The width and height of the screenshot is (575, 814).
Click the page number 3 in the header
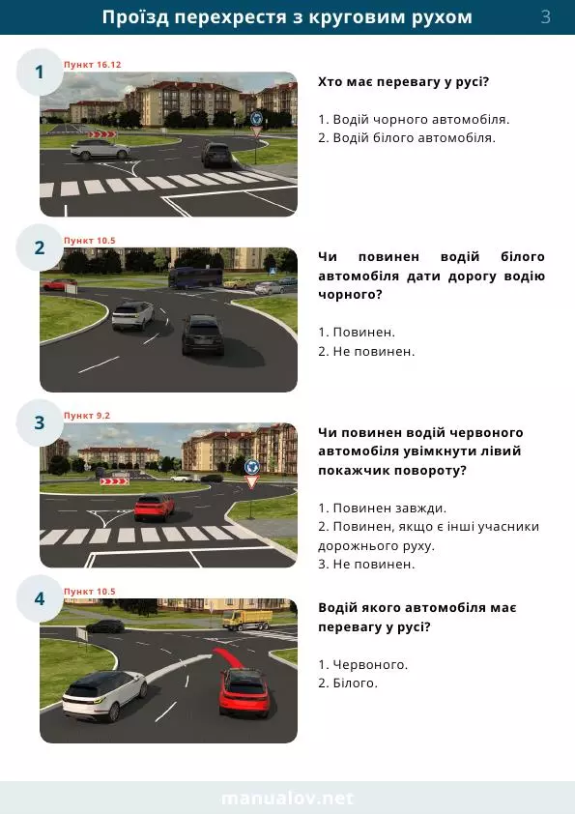point(545,16)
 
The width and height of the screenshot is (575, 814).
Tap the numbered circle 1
point(40,73)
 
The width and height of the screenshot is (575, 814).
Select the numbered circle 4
point(40,598)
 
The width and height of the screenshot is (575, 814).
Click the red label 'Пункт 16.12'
point(93,65)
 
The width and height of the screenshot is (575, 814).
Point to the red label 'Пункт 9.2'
point(87,416)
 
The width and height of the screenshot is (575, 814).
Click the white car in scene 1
point(101,149)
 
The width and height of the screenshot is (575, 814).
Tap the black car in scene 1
point(216,155)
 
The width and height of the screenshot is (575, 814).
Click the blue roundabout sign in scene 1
point(256,118)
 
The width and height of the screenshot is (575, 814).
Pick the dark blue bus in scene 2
point(195,277)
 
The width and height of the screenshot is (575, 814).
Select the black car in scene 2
point(204,334)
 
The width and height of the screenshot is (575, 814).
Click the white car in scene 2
point(132,315)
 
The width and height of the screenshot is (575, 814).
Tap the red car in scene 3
point(155,508)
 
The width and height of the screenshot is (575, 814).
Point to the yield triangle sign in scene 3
point(251,482)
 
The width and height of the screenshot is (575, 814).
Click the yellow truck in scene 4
point(247,620)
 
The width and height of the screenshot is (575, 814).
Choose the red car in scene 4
point(244,692)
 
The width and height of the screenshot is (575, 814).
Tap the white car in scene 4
point(104,696)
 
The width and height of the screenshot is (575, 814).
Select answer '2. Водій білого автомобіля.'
point(407,138)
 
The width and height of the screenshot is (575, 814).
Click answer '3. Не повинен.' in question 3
point(366,564)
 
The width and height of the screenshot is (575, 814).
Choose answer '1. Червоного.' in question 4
point(362,664)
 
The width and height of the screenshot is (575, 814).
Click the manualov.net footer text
point(288,798)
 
